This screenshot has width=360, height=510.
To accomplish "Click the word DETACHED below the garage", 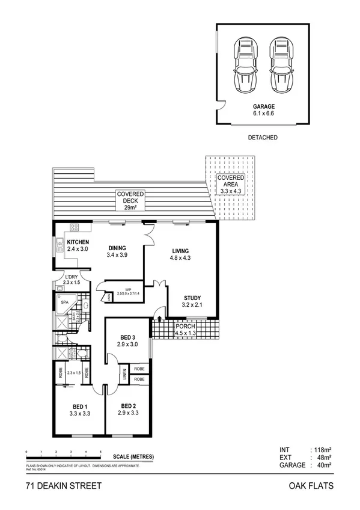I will click(263, 138).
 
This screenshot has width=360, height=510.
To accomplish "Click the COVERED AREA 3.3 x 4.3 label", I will click(231, 182).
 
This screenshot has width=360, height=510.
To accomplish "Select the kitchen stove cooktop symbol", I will click(76, 227).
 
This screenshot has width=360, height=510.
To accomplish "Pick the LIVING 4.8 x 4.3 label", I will click(180, 254).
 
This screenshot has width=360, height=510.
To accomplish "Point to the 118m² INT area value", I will click(323, 449).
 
